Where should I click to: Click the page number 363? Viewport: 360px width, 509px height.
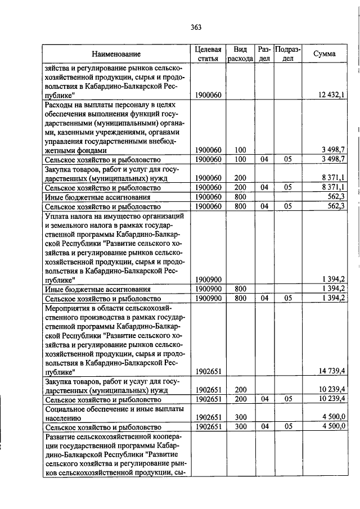click(196, 26)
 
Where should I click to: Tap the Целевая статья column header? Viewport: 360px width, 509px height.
click(208, 54)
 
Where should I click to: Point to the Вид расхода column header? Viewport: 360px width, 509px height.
click(240, 54)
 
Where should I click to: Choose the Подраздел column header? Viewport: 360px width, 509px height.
click(287, 54)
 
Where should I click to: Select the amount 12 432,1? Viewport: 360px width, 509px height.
click(331, 95)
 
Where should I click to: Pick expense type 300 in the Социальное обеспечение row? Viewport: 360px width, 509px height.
click(241, 417)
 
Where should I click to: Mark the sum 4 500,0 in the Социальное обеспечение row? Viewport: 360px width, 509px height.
click(334, 417)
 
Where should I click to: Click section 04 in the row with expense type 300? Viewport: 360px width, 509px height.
click(264, 427)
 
